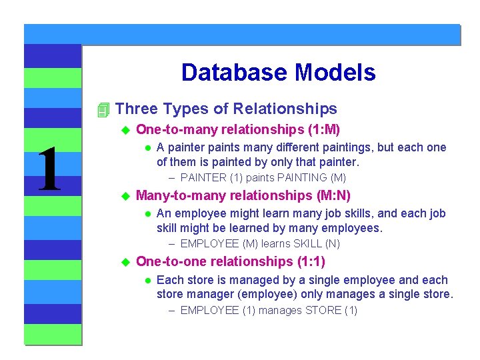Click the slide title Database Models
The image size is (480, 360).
[278, 73]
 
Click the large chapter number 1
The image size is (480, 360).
[49, 171]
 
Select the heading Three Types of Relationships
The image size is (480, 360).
[226, 109]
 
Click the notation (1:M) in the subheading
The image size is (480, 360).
[325, 129]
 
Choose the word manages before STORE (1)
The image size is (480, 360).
[280, 311]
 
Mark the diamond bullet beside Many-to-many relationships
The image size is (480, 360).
[123, 196]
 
